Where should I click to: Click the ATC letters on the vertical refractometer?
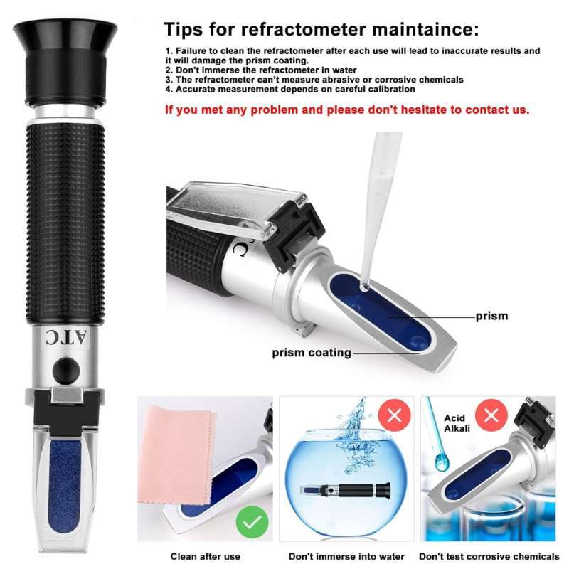(65, 336)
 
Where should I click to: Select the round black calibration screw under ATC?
(65, 369)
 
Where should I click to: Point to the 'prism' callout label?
(491, 315)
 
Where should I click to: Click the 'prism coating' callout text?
(311, 352)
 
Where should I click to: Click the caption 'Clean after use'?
(205, 556)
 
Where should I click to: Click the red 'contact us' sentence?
(347, 110)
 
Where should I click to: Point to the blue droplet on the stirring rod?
(442, 464)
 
